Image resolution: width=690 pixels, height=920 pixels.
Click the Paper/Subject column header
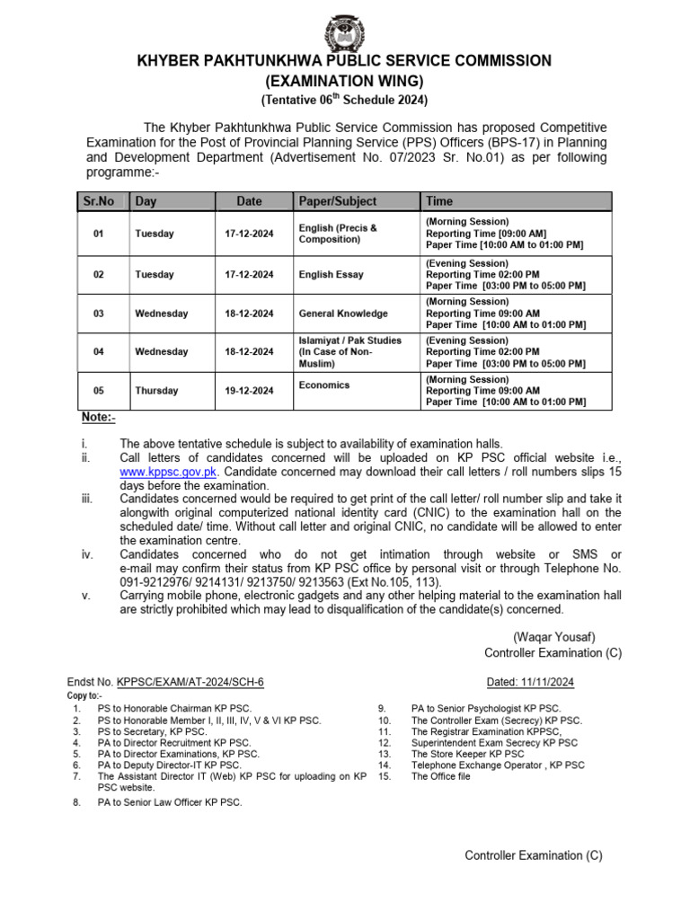click(337, 201)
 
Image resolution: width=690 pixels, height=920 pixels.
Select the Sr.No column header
click(98, 201)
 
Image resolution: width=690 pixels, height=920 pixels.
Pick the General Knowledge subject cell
click(343, 314)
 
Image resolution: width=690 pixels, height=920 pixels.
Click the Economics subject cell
click(324, 385)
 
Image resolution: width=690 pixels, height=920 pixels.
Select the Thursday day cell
click(156, 391)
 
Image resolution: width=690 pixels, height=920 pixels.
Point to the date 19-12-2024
click(249, 391)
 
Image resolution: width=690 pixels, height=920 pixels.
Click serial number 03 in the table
click(99, 314)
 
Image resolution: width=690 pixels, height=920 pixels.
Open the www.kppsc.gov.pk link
click(170, 471)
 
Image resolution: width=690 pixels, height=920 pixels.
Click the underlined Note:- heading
click(98, 418)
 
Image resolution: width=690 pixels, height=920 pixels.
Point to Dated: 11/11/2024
click(529, 682)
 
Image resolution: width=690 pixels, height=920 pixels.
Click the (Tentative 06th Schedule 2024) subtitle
click(344, 99)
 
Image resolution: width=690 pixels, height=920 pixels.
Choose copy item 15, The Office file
click(440, 776)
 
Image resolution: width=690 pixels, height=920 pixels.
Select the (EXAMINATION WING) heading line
click(344, 80)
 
